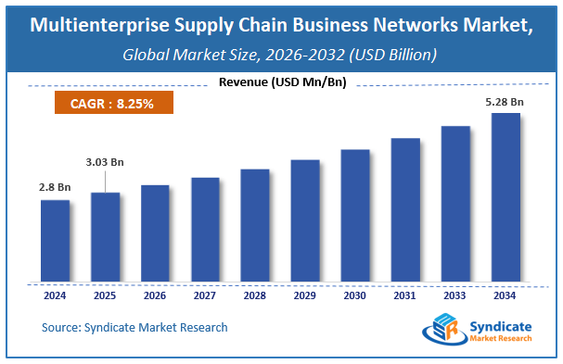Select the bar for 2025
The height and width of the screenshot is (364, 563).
coord(105,237)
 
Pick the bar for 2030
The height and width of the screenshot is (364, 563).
coord(355,215)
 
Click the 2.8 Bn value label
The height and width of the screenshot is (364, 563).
coord(55,188)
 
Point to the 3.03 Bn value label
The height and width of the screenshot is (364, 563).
coord(105,161)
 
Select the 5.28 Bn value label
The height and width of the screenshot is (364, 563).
coord(505,103)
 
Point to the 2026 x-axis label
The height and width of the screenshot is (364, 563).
coord(155,296)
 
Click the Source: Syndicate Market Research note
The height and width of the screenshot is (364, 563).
coord(134,327)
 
